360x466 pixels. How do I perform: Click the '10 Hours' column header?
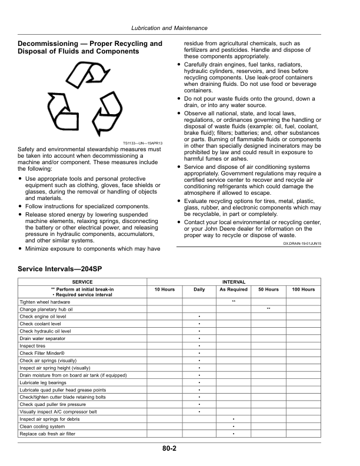click(164, 289)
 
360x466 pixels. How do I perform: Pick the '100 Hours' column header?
click(303, 289)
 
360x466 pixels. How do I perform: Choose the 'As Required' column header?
click(234, 289)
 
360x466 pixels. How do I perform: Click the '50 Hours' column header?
click(268, 289)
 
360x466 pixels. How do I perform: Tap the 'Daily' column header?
click(199, 289)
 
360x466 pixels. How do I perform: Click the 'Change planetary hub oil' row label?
click(46, 309)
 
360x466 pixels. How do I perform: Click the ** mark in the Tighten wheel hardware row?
click(234, 301)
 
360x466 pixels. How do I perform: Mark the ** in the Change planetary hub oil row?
click(268, 309)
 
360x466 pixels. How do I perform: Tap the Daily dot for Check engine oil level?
click(199, 317)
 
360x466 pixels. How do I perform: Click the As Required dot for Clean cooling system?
click(234, 427)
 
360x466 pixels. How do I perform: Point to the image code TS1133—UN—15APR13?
click(142, 143)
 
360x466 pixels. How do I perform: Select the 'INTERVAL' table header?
click(234, 282)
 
